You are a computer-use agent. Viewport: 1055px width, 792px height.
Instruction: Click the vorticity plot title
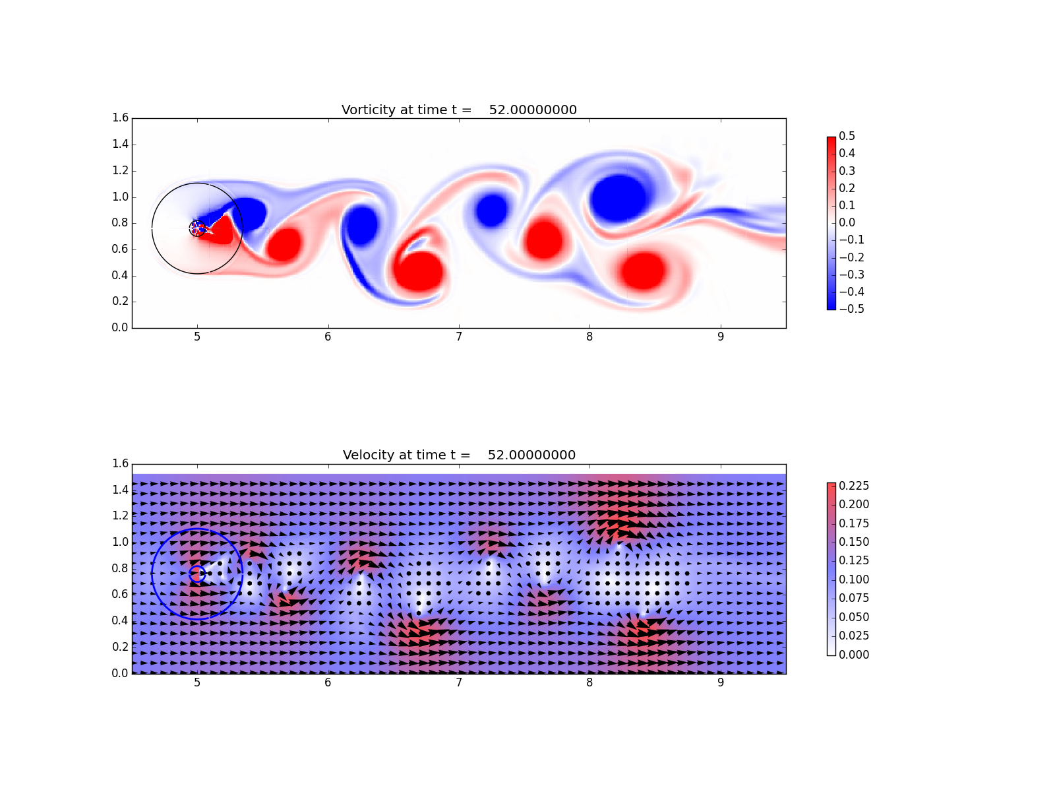tap(459, 110)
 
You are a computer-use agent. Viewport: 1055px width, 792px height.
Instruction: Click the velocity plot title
tap(459, 455)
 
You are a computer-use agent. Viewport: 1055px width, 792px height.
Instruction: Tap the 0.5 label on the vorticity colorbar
tap(847, 136)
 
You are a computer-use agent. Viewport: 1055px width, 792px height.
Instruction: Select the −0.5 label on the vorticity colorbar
tap(852, 309)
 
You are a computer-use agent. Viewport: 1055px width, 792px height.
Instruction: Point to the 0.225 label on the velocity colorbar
tap(854, 486)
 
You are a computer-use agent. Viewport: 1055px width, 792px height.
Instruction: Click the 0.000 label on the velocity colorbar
tap(854, 655)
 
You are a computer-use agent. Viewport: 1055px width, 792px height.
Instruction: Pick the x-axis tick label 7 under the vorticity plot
tap(459, 337)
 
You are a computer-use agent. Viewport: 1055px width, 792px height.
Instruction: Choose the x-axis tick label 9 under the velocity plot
tap(721, 683)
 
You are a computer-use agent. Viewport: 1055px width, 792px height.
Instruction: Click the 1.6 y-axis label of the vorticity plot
tap(120, 118)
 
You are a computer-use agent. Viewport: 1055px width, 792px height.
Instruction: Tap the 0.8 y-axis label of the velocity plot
tap(120, 568)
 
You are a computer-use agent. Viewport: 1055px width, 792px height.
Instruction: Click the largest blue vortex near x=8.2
tap(618, 198)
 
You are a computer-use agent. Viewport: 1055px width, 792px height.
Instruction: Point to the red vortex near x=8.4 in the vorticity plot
tap(643, 271)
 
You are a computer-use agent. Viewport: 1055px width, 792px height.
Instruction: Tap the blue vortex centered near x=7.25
tap(491, 210)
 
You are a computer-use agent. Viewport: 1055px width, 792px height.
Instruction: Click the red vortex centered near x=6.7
tap(417, 271)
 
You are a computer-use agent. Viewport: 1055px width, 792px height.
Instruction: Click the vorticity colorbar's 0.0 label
tap(847, 222)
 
